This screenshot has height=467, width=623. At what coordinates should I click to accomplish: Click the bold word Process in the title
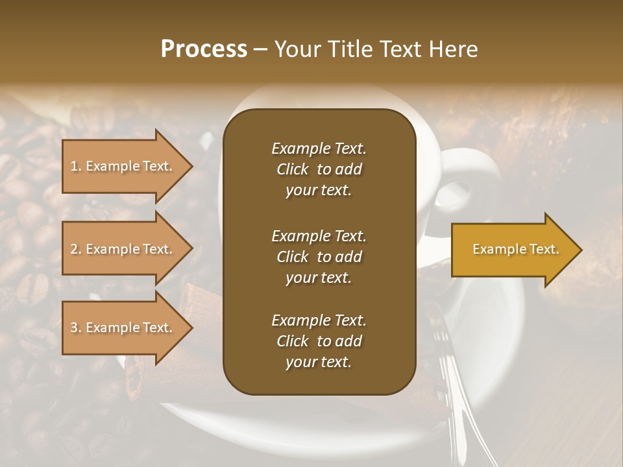click(x=204, y=49)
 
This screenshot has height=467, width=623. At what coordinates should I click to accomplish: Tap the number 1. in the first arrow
click(x=76, y=166)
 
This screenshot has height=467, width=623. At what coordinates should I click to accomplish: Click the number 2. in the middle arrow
click(x=76, y=249)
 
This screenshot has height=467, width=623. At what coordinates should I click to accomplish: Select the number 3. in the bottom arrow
click(x=76, y=328)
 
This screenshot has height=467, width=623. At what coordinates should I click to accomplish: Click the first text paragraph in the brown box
click(x=319, y=169)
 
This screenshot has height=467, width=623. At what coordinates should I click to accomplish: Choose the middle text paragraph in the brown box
click(x=319, y=257)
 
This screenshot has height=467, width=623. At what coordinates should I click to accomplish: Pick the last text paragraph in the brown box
click(x=319, y=341)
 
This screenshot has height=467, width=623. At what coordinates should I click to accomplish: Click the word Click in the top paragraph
click(x=292, y=169)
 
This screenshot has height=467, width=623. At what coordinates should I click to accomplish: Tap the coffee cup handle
click(x=470, y=182)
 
